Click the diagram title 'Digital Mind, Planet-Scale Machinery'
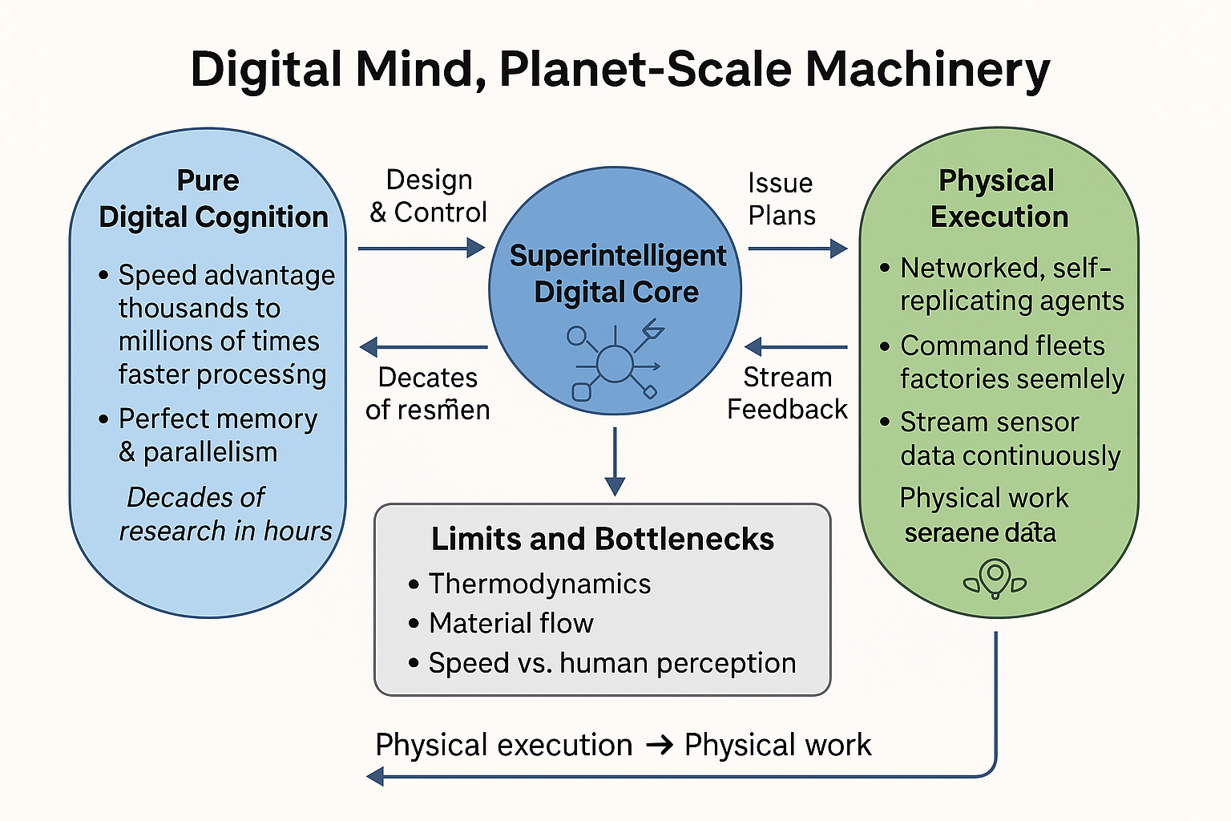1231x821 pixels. pyautogui.click(x=620, y=70)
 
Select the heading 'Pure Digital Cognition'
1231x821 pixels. pyautogui.click(x=212, y=199)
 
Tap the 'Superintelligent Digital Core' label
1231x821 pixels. pyautogui.click(x=616, y=273)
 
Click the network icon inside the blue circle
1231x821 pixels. pyautogui.click(x=615, y=362)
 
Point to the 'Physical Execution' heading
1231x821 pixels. pyautogui.click(x=999, y=199)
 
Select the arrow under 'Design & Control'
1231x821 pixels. pyautogui.click(x=422, y=249)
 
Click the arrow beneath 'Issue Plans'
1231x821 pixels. pyautogui.click(x=797, y=249)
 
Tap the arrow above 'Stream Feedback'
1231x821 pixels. pyautogui.click(x=796, y=347)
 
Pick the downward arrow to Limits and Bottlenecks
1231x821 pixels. pyautogui.click(x=615, y=461)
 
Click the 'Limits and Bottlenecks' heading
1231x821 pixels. pyautogui.click(x=603, y=539)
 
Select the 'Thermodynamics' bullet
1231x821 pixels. pyautogui.click(x=539, y=584)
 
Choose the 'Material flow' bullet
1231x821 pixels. pyautogui.click(x=511, y=623)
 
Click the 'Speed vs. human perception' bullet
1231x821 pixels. pyautogui.click(x=611, y=663)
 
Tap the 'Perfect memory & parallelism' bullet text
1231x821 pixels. pyautogui.click(x=216, y=435)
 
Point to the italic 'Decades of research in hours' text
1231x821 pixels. pyautogui.click(x=224, y=514)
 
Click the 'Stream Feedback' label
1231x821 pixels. pyautogui.click(x=787, y=393)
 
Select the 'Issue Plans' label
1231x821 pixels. pyautogui.click(x=781, y=199)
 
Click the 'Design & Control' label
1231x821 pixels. pyautogui.click(x=429, y=196)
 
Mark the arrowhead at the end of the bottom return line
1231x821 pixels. pyautogui.click(x=375, y=775)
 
